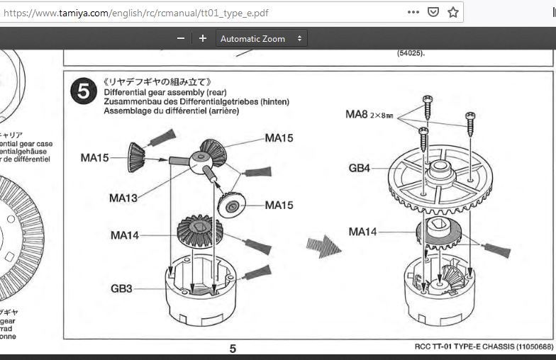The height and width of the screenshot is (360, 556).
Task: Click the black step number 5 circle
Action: [83, 91]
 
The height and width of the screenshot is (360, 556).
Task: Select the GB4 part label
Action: [360, 169]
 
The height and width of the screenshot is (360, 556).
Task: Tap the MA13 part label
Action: [123, 198]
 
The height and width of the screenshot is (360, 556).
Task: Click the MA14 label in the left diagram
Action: [125, 235]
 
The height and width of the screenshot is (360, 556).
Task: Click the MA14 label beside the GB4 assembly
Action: [362, 232]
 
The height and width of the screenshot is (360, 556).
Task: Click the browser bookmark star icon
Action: [453, 12]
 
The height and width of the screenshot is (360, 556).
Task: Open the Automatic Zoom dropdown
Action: [262, 38]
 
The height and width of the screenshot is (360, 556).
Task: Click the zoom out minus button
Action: [181, 38]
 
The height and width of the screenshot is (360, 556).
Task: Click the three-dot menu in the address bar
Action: [413, 12]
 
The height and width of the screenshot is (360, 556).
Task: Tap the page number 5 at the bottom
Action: [233, 349]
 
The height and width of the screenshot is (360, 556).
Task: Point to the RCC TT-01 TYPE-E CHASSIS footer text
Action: [484, 347]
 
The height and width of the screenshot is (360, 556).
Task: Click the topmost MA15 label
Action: [279, 137]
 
